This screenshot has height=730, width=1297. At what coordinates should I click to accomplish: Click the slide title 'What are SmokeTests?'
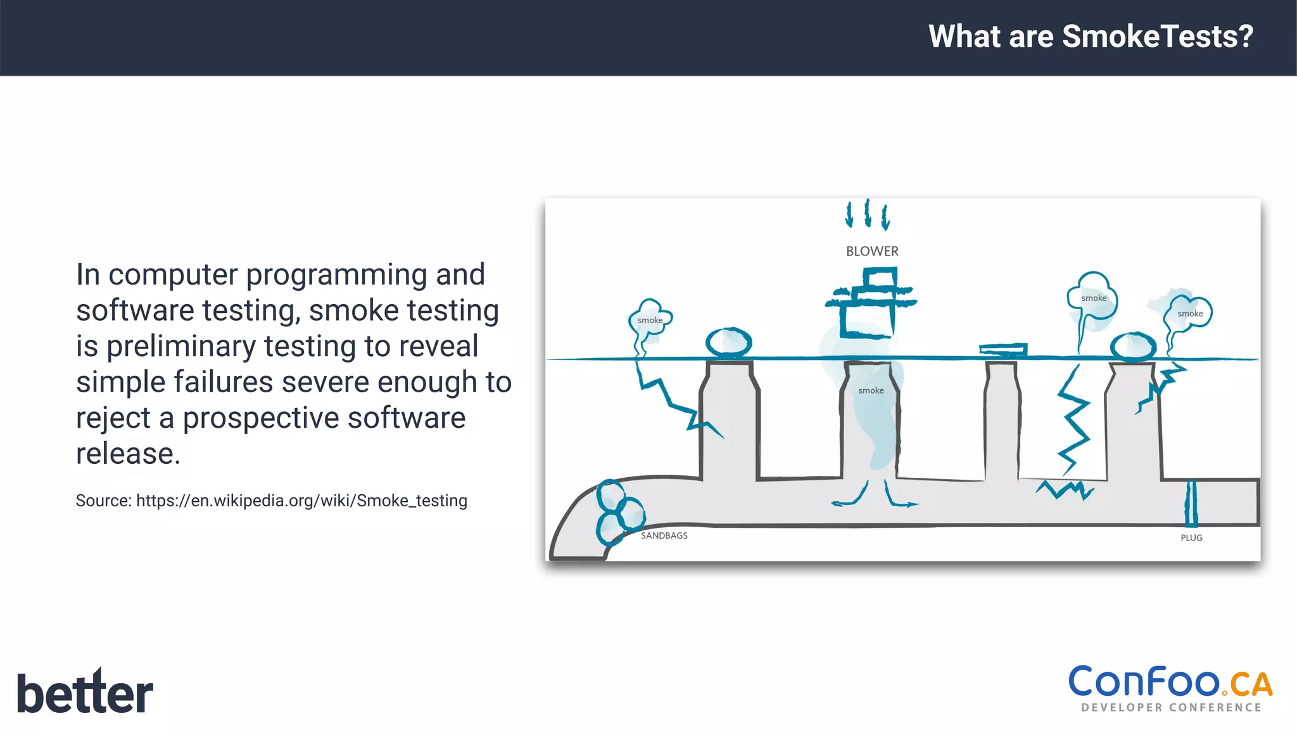(1091, 36)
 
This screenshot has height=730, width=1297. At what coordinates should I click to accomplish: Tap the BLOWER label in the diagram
(872, 252)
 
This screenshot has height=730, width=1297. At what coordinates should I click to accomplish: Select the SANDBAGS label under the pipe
(664, 535)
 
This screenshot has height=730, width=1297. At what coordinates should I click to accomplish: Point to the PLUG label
(1191, 538)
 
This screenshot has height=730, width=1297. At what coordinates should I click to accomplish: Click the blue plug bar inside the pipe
(1191, 503)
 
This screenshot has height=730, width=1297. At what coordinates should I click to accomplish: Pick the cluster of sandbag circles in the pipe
(617, 513)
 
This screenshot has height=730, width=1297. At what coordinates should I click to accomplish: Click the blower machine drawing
(871, 303)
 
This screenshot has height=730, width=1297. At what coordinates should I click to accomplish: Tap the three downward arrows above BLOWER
(867, 214)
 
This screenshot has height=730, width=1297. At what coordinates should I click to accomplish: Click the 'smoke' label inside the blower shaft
(871, 391)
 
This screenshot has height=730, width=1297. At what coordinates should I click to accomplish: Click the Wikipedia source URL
(301, 501)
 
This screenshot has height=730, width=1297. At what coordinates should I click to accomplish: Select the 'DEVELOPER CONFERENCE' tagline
(1171, 708)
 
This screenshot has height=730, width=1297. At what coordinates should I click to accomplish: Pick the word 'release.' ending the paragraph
(128, 454)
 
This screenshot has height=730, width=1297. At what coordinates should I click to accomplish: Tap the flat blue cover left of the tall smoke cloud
(1003, 349)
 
